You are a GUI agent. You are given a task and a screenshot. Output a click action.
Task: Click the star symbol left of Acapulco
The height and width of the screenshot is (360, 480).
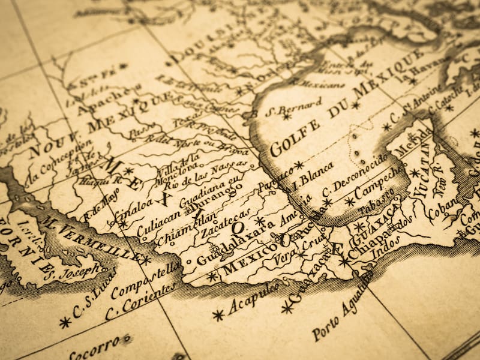(x=218, y=314)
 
